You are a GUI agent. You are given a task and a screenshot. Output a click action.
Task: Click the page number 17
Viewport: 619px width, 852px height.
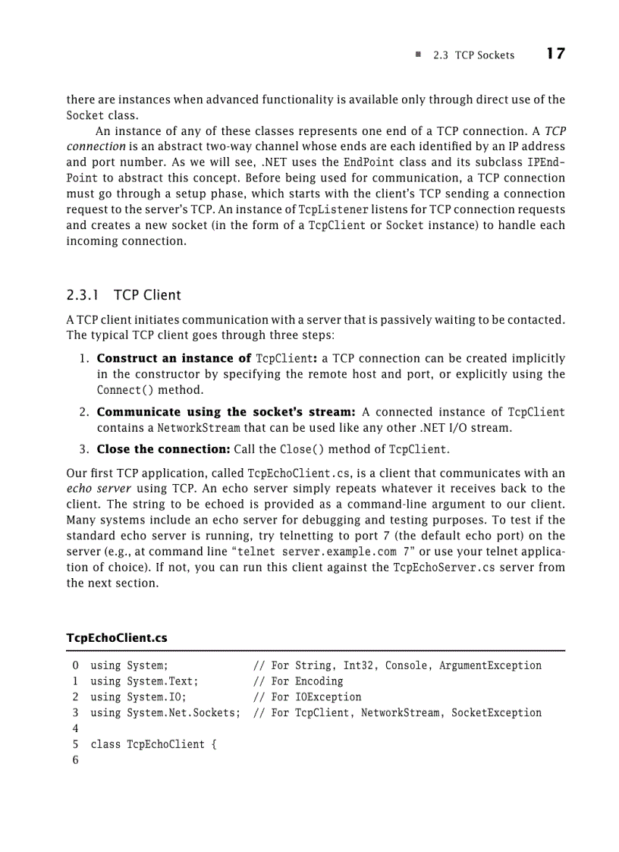click(x=555, y=54)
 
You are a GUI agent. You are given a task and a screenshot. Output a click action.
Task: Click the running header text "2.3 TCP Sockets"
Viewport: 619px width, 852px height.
click(x=473, y=55)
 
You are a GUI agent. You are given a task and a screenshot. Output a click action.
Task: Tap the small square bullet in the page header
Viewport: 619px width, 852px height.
click(x=418, y=55)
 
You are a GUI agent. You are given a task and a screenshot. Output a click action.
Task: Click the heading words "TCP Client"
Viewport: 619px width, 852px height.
click(x=147, y=294)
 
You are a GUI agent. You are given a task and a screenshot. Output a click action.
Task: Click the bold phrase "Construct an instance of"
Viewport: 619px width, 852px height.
click(x=174, y=358)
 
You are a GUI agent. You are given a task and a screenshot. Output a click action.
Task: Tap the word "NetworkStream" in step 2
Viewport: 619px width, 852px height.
click(x=167, y=428)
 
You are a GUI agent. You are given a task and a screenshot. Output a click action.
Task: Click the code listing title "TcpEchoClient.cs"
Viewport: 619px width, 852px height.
click(x=117, y=638)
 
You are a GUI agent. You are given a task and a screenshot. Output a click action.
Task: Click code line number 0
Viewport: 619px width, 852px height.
click(x=76, y=666)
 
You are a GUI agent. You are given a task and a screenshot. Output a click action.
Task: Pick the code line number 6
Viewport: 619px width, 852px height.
click(x=76, y=760)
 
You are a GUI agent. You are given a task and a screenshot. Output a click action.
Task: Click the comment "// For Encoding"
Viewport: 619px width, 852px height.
click(x=297, y=681)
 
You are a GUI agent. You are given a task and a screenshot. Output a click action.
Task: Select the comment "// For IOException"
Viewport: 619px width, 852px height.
click(x=306, y=697)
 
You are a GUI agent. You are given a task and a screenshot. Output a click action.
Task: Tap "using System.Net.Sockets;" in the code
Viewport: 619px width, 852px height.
click(x=165, y=713)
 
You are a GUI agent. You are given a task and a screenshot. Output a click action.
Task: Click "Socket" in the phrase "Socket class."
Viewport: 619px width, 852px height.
click(x=84, y=115)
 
